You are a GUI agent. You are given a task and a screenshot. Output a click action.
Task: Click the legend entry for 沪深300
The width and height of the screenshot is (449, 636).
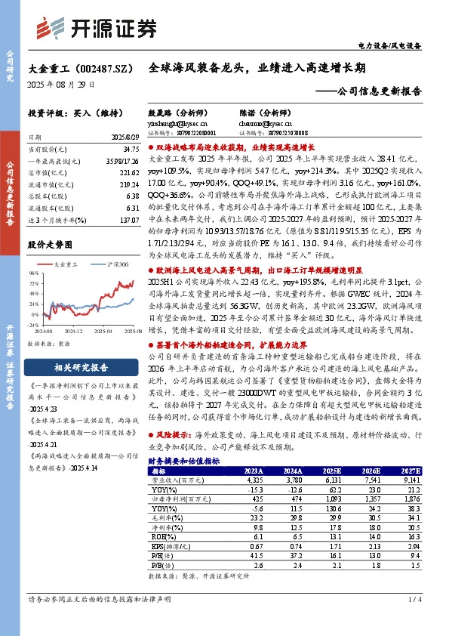[118, 264]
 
